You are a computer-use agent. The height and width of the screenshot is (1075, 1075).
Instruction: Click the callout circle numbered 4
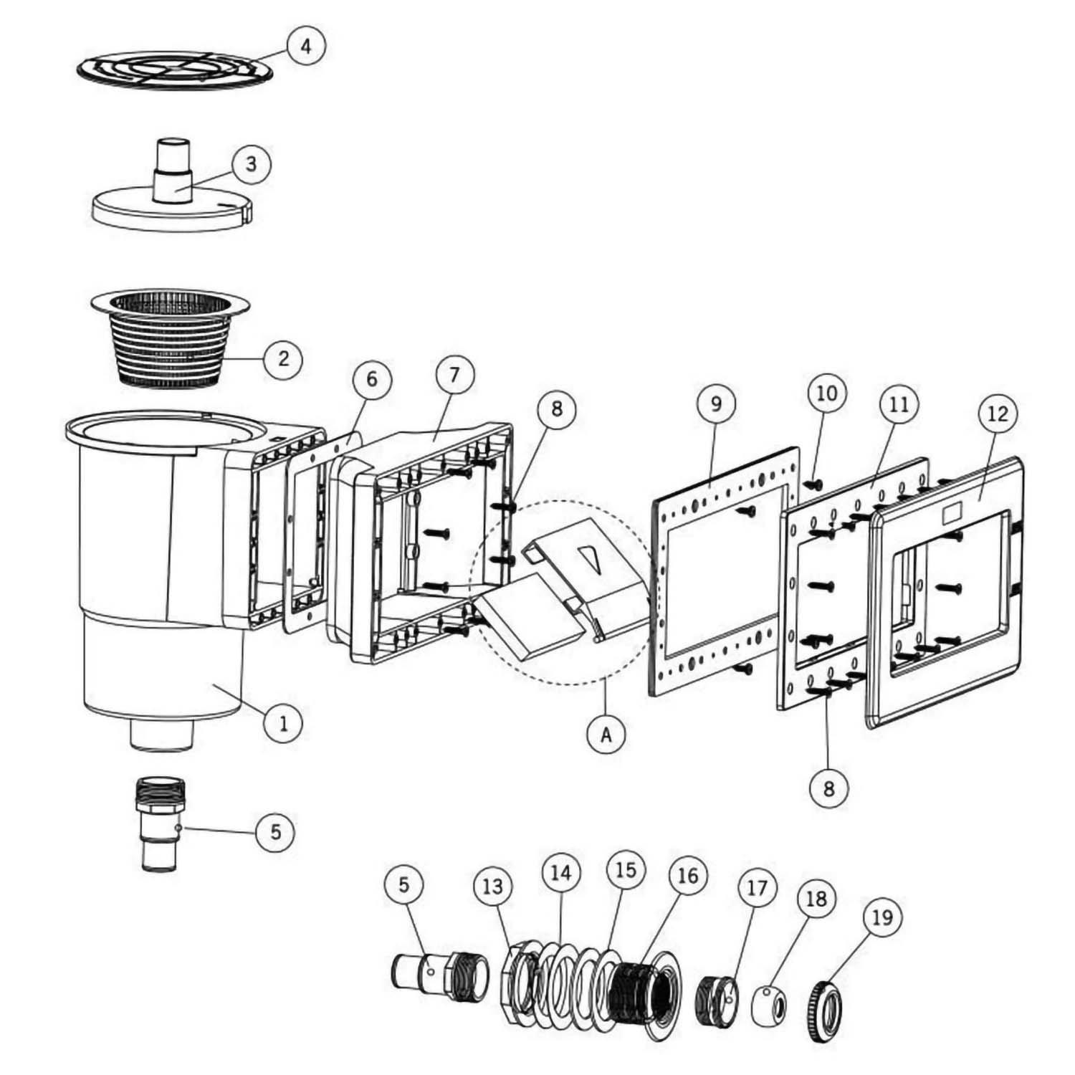click(306, 47)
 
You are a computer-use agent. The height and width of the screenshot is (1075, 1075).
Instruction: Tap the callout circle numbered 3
click(251, 164)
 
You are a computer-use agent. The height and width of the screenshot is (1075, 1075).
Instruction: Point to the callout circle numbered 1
click(284, 723)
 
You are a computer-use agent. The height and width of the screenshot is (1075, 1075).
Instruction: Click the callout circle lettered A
click(606, 735)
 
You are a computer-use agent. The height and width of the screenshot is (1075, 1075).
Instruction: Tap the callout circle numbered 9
click(716, 403)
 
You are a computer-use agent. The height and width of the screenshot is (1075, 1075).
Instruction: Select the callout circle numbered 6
click(371, 378)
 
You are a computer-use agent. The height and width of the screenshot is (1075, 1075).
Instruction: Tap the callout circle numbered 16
click(687, 875)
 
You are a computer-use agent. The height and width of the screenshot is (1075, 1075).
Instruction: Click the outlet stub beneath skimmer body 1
click(162, 735)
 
